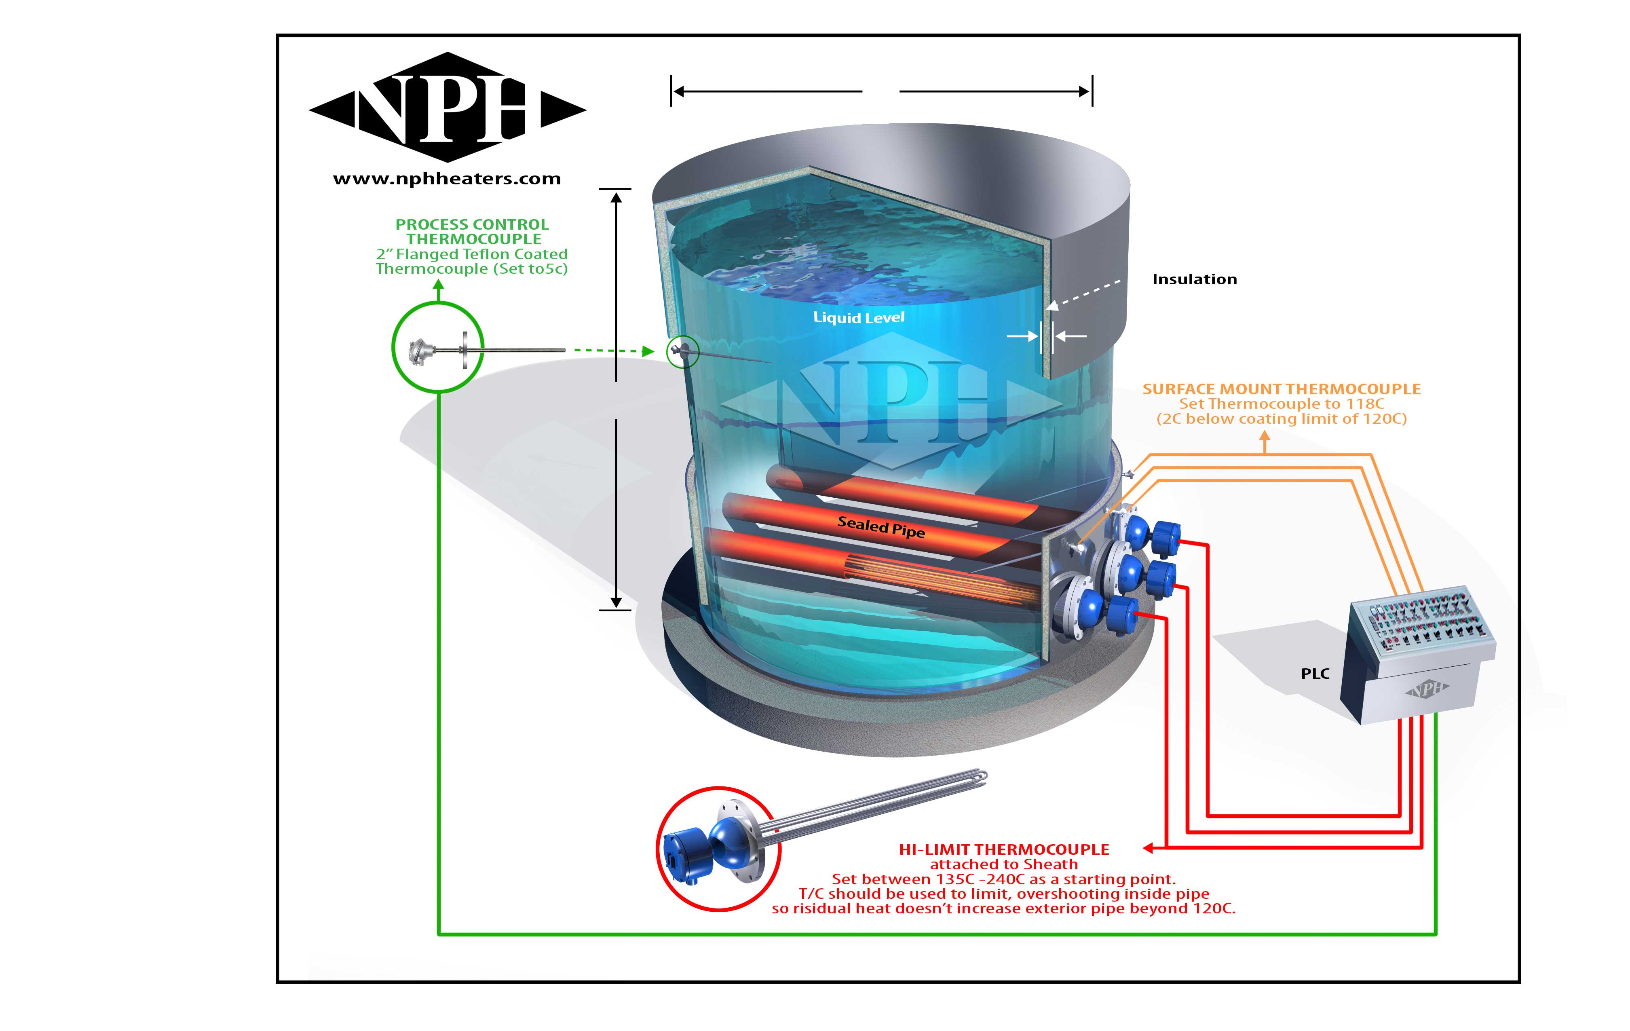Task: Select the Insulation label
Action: (x=1194, y=279)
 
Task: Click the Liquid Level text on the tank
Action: (x=858, y=317)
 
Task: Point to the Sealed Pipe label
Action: (x=880, y=527)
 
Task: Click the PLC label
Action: (x=1315, y=674)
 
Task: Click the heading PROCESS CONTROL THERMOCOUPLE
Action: (x=473, y=232)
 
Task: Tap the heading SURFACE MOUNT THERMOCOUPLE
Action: (x=1282, y=389)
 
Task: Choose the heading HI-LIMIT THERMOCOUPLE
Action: (x=1004, y=849)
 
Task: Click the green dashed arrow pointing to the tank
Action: (x=612, y=351)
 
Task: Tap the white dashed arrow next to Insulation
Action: (x=1083, y=294)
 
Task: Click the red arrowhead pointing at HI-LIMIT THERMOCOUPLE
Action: (x=1148, y=847)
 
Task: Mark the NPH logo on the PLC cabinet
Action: (x=1426, y=689)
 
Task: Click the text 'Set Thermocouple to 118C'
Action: (x=1282, y=404)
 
